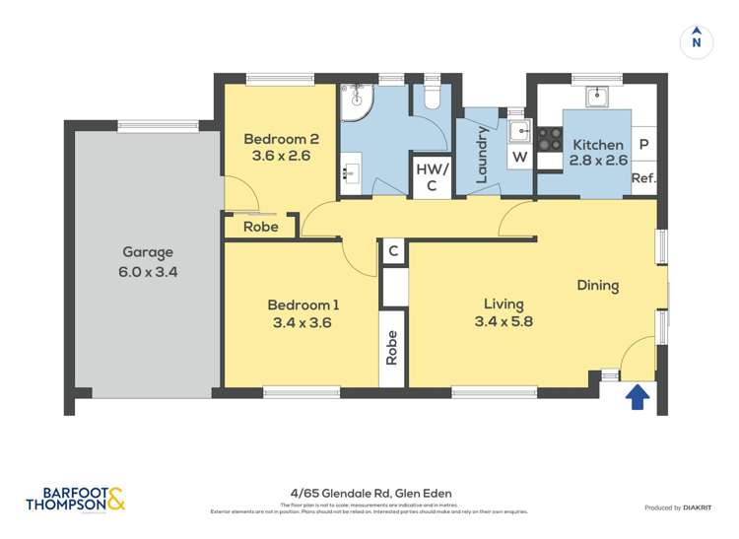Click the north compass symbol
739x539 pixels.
click(697, 39)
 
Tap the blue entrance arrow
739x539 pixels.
click(638, 396)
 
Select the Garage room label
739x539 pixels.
click(148, 251)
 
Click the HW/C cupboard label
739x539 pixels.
click(432, 176)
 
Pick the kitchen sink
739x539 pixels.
click(597, 97)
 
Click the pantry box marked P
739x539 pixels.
click(644, 145)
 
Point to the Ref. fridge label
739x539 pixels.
click(643, 178)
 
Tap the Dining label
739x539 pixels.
click(598, 286)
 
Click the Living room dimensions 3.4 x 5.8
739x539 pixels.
click(504, 321)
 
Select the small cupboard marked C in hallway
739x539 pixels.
click(393, 251)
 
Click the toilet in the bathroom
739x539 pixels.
click(430, 97)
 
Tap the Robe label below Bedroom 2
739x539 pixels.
click(261, 227)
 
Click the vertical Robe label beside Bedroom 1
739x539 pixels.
click(392, 347)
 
